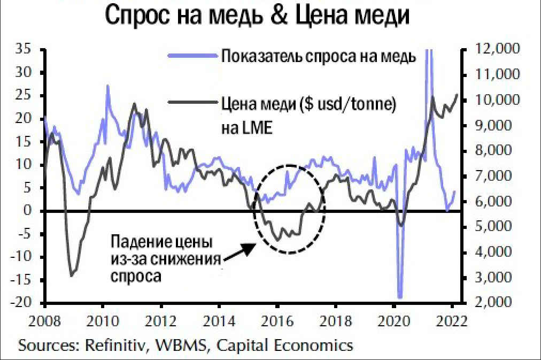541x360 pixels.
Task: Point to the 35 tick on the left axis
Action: click(x=25, y=49)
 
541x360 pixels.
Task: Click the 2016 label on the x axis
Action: click(x=277, y=323)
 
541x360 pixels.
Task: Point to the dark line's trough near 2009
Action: click(x=72, y=275)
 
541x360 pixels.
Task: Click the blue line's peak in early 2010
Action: click(x=107, y=86)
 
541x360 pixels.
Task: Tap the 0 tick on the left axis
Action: click(x=32, y=211)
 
